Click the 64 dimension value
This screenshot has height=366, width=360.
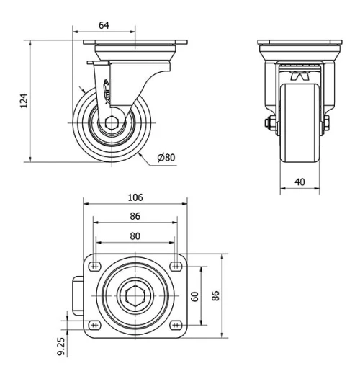coord(104,26)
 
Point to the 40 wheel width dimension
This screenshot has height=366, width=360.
coord(300,182)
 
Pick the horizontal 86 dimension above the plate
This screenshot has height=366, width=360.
coord(135,215)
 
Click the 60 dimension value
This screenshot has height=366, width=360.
coord(194,296)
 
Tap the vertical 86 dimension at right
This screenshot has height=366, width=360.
coord(215,296)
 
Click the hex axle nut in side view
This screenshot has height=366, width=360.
coord(114,124)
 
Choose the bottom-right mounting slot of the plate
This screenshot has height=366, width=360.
coord(175,325)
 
